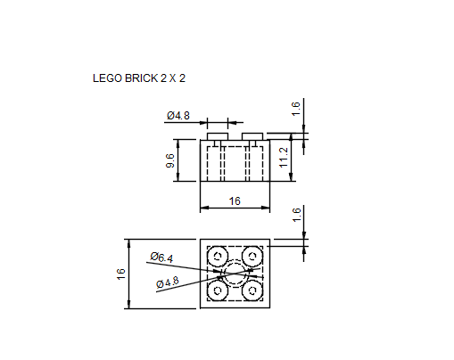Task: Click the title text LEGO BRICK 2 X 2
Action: (x=139, y=78)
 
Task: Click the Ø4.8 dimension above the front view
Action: (x=178, y=116)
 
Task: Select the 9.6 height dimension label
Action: (x=169, y=160)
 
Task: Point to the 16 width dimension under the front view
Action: (x=235, y=201)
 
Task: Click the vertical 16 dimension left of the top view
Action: (x=121, y=274)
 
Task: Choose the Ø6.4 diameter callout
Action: (x=161, y=258)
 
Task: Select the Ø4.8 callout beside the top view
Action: (x=167, y=282)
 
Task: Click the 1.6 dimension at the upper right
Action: (x=296, y=108)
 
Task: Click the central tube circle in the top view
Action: (x=235, y=274)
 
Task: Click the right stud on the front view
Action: (x=252, y=135)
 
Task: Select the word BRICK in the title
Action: (x=136, y=78)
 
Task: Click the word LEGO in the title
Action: (x=105, y=78)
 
